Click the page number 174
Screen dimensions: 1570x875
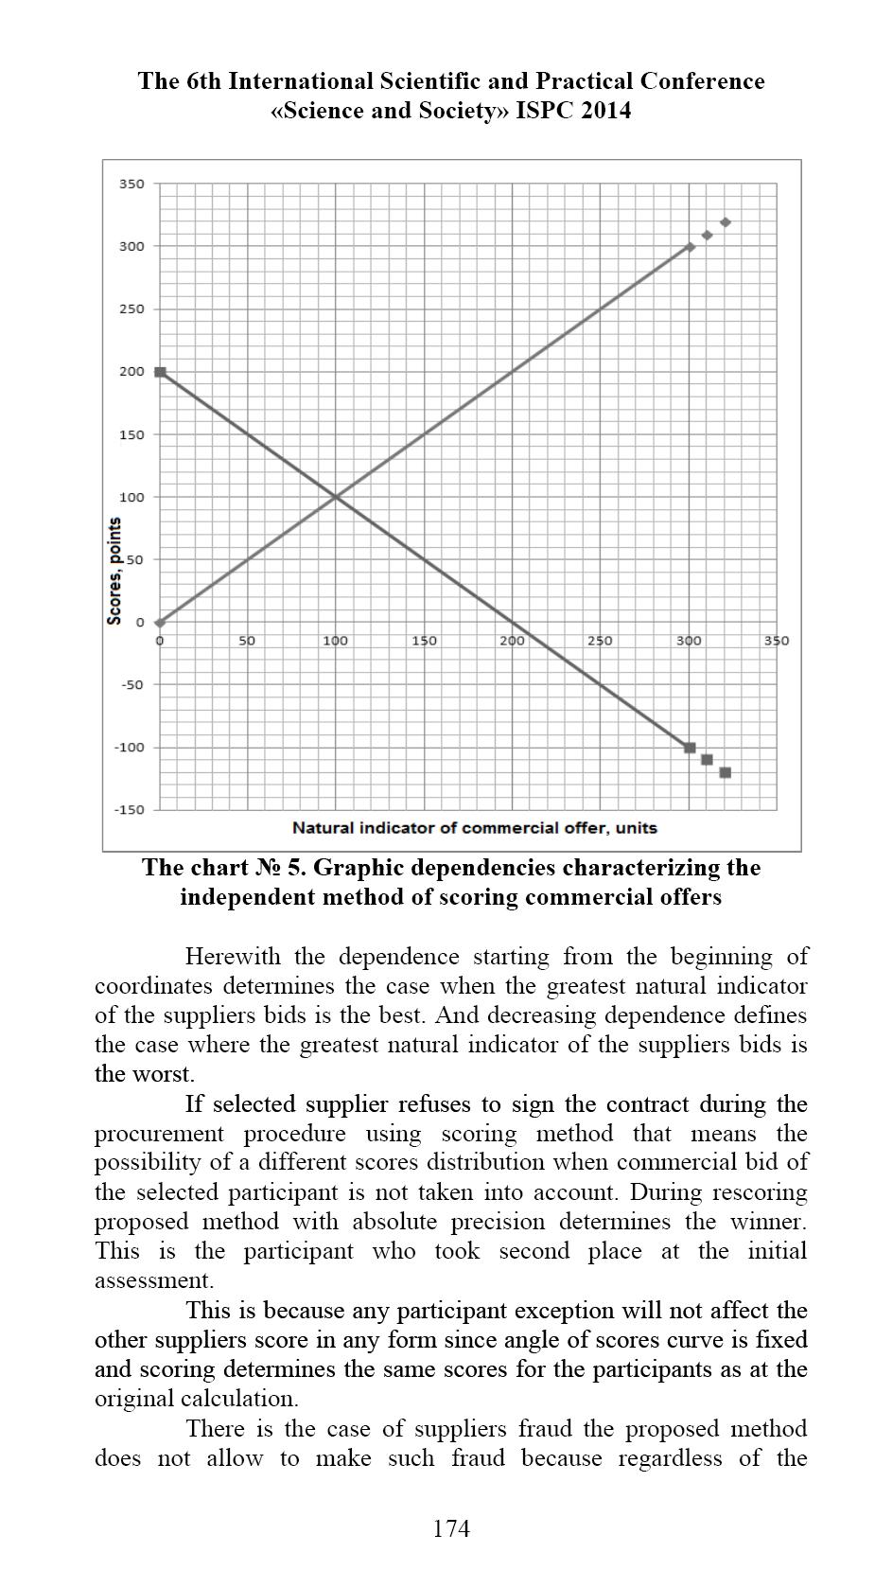coord(450,1528)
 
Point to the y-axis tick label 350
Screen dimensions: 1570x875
coord(131,184)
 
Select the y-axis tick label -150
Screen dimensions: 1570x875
coord(130,810)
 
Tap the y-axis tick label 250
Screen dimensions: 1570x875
coord(131,309)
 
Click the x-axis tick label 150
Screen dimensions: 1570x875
coord(424,641)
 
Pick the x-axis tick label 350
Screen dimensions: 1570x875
coord(776,641)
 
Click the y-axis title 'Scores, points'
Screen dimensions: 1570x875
coord(114,571)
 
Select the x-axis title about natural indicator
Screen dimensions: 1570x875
coord(474,828)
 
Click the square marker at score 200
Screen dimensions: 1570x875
coord(160,372)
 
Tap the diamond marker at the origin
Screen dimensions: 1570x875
coord(160,623)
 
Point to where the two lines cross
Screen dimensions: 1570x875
coord(336,497)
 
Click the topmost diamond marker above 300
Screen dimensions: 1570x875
coord(726,222)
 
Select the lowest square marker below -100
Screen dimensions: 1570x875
coord(726,772)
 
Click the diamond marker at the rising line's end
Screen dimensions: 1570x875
coord(690,247)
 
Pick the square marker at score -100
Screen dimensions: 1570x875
coord(690,748)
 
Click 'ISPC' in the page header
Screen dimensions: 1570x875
coord(546,111)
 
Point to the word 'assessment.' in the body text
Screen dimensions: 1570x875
coord(153,1280)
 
